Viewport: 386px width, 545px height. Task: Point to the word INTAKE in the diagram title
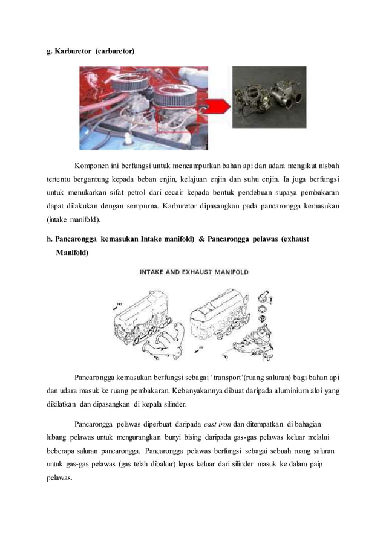click(x=156, y=272)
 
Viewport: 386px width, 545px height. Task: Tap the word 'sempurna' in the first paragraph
click(x=168, y=205)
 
